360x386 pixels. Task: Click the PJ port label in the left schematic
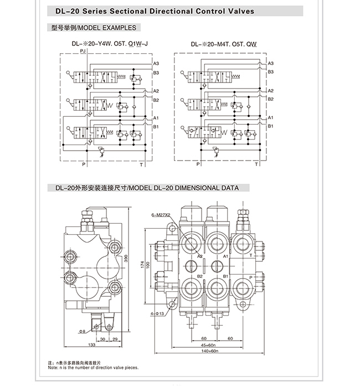click(x=83, y=51)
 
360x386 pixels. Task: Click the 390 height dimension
click(x=126, y=258)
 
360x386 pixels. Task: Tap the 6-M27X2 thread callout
click(x=161, y=215)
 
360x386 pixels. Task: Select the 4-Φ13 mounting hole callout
click(x=157, y=313)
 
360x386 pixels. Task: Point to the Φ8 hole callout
click(x=82, y=332)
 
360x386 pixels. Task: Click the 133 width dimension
click(x=91, y=344)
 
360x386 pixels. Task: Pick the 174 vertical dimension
click(x=142, y=265)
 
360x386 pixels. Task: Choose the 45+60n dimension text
click(x=208, y=345)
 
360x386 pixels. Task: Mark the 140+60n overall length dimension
click(x=210, y=351)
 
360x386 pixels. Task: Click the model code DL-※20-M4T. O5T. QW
click(x=224, y=44)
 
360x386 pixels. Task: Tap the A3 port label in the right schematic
click(x=271, y=63)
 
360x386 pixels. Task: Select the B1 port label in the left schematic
click(x=156, y=127)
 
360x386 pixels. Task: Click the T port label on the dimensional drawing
click(x=251, y=255)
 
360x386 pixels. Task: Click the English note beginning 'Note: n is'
click(x=94, y=368)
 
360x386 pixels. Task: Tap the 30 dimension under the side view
click(x=102, y=339)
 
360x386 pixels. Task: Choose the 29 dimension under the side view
click(x=115, y=339)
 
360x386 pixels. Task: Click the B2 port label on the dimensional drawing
click(x=200, y=276)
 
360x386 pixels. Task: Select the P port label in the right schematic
click(x=198, y=164)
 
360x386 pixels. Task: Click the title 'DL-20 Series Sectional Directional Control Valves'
click(x=155, y=11)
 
